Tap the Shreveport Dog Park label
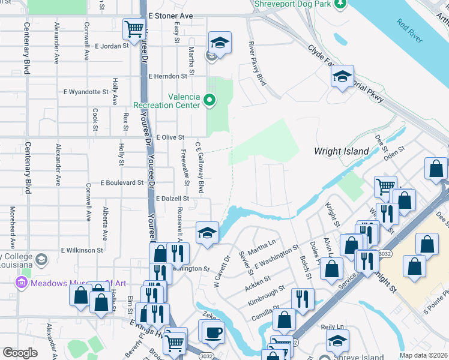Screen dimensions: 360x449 pos(292,4)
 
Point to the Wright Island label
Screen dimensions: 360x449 pos(341,151)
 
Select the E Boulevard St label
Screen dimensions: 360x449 pos(122,182)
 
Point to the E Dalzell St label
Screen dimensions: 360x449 pos(172,198)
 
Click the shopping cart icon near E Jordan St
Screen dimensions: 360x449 pos(134,28)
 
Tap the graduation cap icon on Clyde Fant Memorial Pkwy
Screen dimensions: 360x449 pos(342,76)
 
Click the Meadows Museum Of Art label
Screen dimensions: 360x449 pos(71,283)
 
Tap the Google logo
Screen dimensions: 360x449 pos(20,353)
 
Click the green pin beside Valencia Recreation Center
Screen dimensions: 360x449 pos(209,100)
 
